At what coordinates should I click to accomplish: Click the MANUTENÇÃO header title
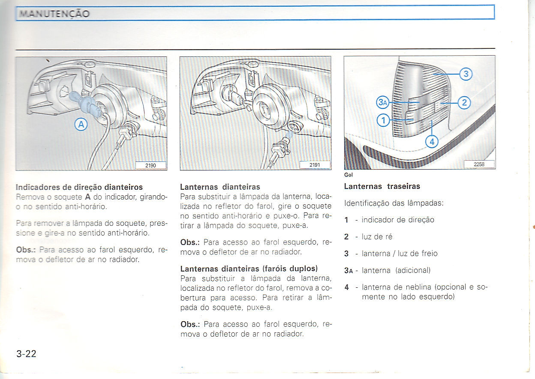click(x=54, y=14)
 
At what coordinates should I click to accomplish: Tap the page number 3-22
click(x=27, y=354)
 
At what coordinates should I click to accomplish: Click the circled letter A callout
click(x=81, y=125)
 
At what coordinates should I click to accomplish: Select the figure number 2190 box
click(x=150, y=165)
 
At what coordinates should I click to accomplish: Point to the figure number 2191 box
click(x=315, y=165)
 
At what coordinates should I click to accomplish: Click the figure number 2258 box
click(x=479, y=164)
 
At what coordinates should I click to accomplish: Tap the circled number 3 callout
click(x=466, y=75)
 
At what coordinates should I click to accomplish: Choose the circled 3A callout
click(x=383, y=102)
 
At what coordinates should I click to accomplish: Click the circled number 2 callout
click(x=465, y=102)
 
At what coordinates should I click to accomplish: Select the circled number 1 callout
click(x=383, y=121)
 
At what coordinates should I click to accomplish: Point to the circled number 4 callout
click(x=432, y=141)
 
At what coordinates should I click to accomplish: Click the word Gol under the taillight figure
click(x=348, y=175)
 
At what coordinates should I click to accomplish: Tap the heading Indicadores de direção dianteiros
click(x=79, y=187)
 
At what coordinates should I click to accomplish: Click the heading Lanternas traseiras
click(x=382, y=186)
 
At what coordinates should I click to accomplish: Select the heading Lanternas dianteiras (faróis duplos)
click(x=249, y=269)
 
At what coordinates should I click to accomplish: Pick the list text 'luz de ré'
click(x=377, y=236)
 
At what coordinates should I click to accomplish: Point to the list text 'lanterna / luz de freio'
click(x=400, y=254)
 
